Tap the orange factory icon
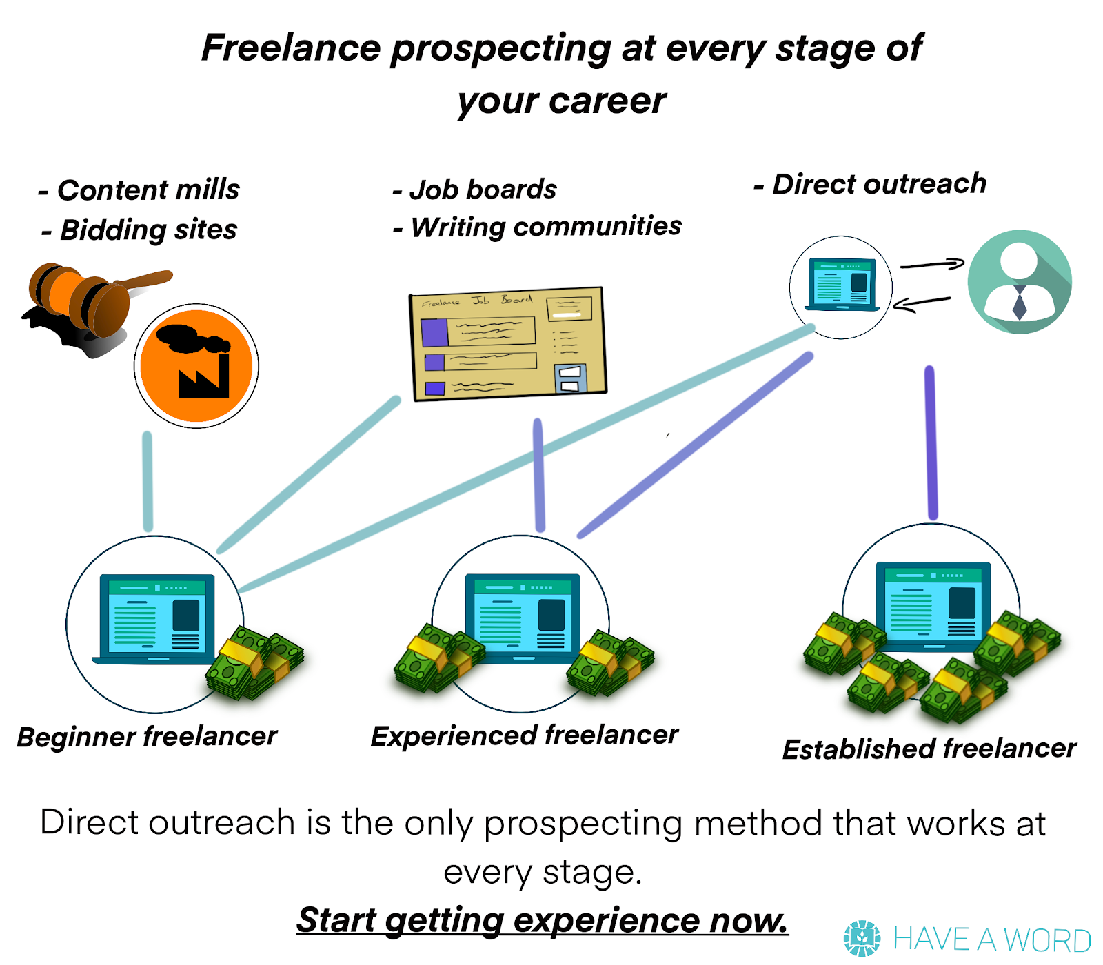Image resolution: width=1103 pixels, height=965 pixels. pos(196,366)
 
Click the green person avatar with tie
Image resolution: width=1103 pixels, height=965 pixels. pos(1020,282)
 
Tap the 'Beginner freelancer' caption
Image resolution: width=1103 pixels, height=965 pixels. pos(147,736)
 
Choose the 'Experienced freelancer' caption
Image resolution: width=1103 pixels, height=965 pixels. pos(525,735)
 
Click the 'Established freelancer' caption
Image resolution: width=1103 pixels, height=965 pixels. pos(929,748)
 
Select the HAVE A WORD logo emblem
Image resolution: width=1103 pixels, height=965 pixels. pos(862,938)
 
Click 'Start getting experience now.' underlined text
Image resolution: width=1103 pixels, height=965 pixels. pos(543,920)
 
